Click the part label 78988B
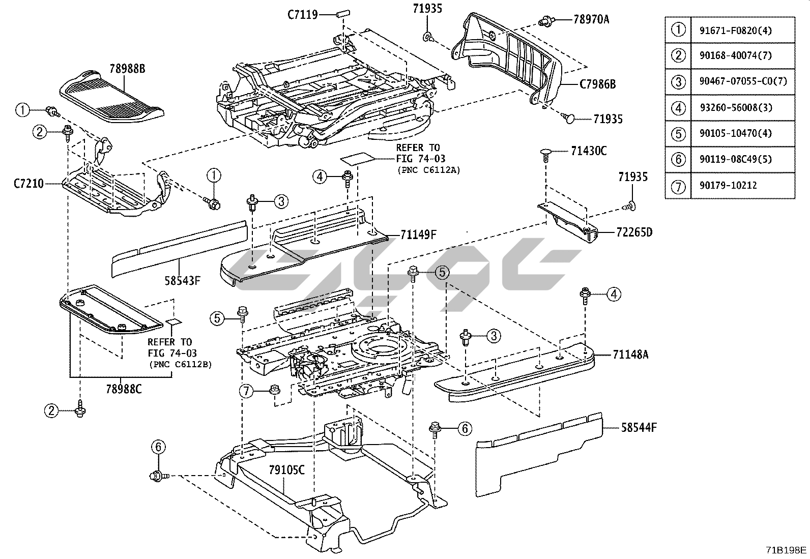[x=128, y=69]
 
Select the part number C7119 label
[x=302, y=14]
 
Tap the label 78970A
[x=591, y=20]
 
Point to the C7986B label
[x=597, y=84]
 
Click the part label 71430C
[x=588, y=151]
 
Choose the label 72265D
[x=634, y=232]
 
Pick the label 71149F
[x=418, y=234]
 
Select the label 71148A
[x=630, y=355]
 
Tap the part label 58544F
[x=639, y=427]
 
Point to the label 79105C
[x=286, y=469]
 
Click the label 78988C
[x=124, y=389]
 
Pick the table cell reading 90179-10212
[x=724, y=186]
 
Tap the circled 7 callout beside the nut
[x=246, y=391]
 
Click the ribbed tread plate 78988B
[x=112, y=97]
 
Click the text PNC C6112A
[x=428, y=170]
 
